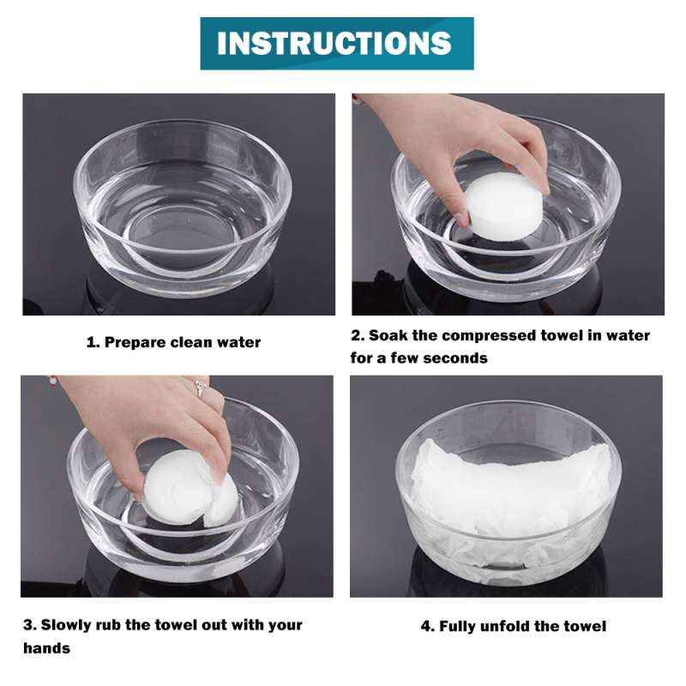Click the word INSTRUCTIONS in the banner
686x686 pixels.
click(x=334, y=44)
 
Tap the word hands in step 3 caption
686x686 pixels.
click(x=47, y=648)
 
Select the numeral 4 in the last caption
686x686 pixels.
click(x=426, y=627)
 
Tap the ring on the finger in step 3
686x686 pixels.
click(x=201, y=388)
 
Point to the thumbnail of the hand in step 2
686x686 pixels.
click(x=460, y=219)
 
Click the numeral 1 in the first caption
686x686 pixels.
click(x=92, y=342)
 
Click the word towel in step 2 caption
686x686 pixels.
click(x=562, y=335)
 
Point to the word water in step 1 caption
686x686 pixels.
click(x=239, y=342)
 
